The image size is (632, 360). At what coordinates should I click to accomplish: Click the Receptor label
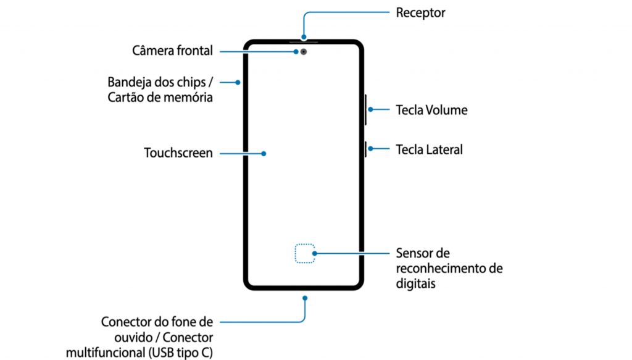coord(420,12)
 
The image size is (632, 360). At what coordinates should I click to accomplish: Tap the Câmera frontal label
coord(172,51)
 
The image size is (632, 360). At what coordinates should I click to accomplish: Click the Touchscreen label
coord(178,153)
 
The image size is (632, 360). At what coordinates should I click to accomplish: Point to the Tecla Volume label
coord(431,111)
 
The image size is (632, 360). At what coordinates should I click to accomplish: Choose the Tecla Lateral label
coord(429,149)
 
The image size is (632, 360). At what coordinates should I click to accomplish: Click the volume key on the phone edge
coord(367,111)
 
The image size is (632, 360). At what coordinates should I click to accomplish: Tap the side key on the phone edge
coord(367,149)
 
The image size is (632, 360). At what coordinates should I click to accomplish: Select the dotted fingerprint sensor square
coord(304,253)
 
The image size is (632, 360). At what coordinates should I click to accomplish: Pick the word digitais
coord(416,283)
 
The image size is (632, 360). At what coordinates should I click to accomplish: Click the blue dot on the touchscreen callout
coord(264,153)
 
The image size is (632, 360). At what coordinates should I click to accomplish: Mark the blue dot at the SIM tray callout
coord(238,82)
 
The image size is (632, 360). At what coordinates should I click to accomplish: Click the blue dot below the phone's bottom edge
coord(305,298)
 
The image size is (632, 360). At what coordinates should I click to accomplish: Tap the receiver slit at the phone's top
coord(304,41)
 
